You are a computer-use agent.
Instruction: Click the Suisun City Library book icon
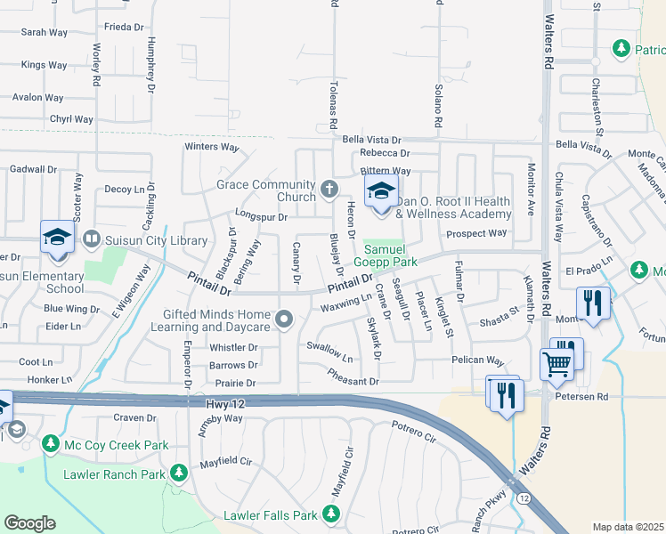click(x=91, y=239)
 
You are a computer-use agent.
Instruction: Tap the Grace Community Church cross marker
click(x=329, y=189)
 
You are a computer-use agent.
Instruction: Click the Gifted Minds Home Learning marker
click(x=284, y=319)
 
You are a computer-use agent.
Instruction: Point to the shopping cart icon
click(x=556, y=362)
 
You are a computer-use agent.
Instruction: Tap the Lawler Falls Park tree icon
click(x=330, y=514)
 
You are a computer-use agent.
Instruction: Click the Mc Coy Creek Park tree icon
click(x=50, y=442)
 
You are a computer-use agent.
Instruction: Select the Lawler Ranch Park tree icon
click(x=178, y=473)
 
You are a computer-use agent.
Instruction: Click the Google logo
click(x=29, y=522)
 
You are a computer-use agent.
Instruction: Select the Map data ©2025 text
click(x=628, y=527)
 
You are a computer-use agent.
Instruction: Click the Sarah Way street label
click(x=45, y=32)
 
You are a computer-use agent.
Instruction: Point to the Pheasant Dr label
click(x=355, y=381)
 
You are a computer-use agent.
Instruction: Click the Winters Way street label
click(x=212, y=147)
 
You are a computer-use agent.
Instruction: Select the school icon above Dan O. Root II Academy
click(x=380, y=190)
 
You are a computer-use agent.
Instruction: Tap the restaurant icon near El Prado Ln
click(x=591, y=303)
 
